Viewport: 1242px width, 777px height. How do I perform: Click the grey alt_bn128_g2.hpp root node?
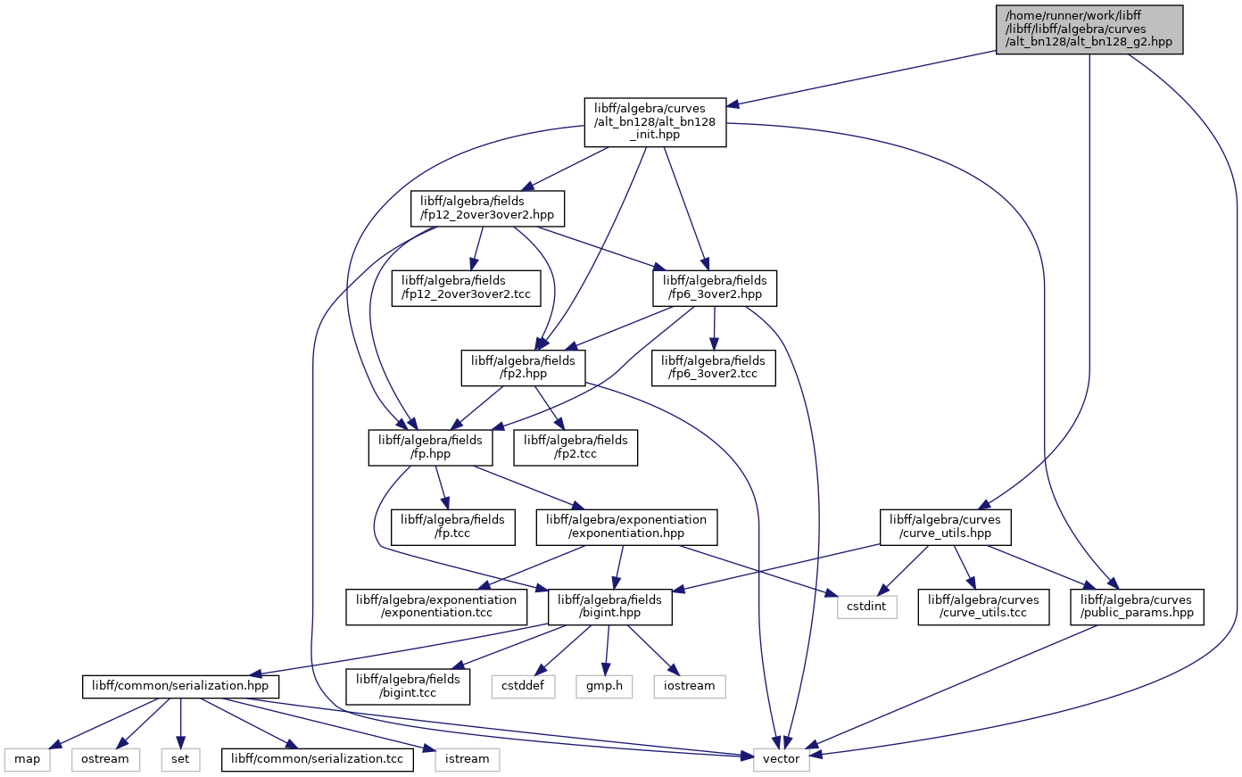(1089, 29)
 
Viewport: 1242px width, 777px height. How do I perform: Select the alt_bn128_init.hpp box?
(655, 122)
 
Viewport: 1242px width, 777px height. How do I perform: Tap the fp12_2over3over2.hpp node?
(487, 209)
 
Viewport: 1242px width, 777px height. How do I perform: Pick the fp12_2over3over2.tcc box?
(466, 288)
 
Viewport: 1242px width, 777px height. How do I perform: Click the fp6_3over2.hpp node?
(715, 288)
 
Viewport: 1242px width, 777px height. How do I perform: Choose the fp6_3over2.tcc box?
(713, 368)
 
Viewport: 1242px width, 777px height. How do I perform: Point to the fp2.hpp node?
(523, 368)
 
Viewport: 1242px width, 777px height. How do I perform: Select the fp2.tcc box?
(575, 448)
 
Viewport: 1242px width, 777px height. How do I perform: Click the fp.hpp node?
(430, 448)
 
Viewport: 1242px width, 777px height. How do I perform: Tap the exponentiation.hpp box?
(626, 527)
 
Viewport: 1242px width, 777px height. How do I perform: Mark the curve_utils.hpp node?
(946, 527)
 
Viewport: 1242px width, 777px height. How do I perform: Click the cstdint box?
(866, 607)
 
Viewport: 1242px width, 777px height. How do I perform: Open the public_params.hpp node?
(1137, 607)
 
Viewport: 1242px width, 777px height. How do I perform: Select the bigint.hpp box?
(610, 607)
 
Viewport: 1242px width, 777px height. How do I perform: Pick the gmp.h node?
(604, 687)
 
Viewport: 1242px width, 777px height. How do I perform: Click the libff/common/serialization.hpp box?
(180, 687)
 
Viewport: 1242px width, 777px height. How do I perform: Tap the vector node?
(782, 759)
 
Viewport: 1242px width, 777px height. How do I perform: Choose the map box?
(27, 759)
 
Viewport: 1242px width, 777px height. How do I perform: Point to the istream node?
(467, 759)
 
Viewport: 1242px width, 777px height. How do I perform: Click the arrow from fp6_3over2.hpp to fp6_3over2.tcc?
(714, 328)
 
